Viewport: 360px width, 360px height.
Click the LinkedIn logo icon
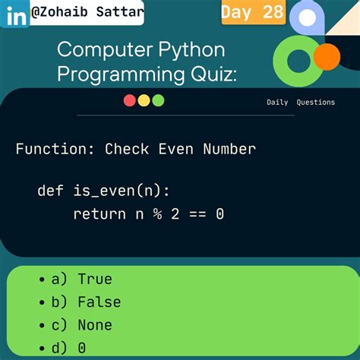(x=15, y=14)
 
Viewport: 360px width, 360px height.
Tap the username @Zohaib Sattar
(x=87, y=13)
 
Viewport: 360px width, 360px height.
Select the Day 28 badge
(x=253, y=11)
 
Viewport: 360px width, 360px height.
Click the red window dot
(x=129, y=100)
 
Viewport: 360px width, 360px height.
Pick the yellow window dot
(x=144, y=100)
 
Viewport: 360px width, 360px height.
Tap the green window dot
(x=158, y=100)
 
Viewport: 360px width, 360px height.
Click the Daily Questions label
(x=300, y=103)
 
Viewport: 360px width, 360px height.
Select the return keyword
(x=99, y=214)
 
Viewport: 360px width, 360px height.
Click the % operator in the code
(x=157, y=214)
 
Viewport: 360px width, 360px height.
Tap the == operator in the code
(x=197, y=214)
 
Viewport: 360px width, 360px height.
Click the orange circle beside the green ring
(x=327, y=56)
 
